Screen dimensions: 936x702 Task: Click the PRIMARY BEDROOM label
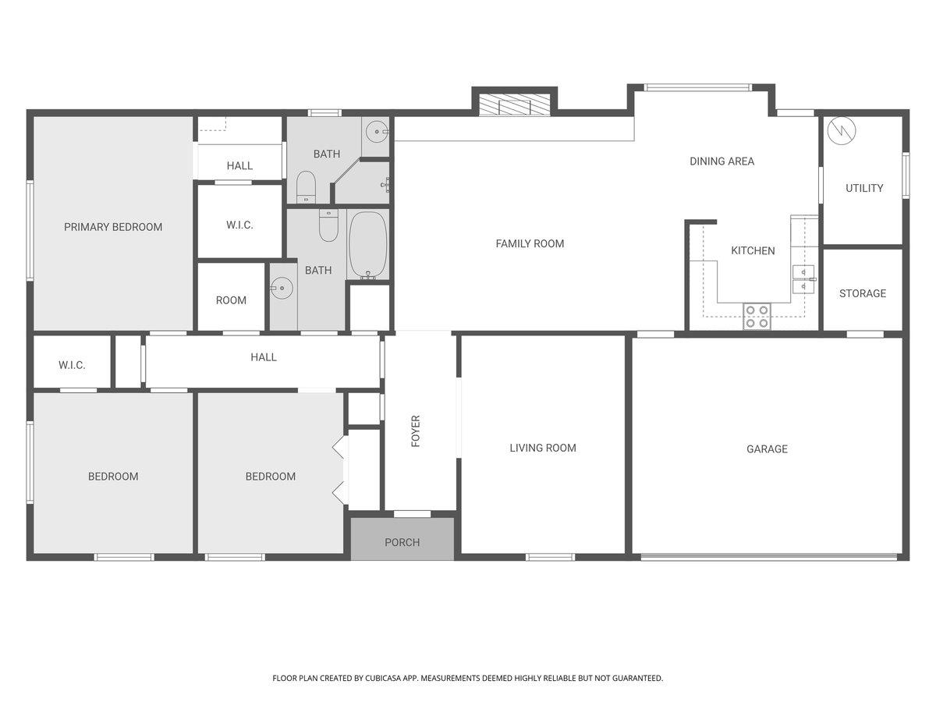(x=113, y=227)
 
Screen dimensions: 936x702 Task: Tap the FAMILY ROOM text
(x=530, y=244)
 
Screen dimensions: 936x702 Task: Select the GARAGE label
(x=767, y=448)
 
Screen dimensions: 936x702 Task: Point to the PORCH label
(x=402, y=542)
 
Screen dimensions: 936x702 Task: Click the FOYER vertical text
(x=416, y=431)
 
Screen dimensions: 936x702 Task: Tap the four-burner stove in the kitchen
(x=757, y=316)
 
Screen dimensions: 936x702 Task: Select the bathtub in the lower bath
(x=368, y=245)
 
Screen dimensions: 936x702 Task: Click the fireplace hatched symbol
(x=514, y=105)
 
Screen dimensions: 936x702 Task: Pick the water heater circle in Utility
(x=842, y=130)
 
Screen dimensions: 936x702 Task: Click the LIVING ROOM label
(x=543, y=448)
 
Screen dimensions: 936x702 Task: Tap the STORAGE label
(x=863, y=293)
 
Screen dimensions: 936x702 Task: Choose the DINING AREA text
(x=722, y=161)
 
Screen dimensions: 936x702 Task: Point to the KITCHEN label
(x=753, y=250)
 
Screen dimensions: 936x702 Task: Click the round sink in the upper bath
(x=377, y=132)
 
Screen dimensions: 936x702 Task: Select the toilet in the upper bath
(x=306, y=187)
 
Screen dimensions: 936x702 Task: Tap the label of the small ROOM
(x=231, y=300)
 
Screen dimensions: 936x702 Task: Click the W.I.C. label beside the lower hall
(x=72, y=365)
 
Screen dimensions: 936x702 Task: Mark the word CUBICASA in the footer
(x=383, y=678)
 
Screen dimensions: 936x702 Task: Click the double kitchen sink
(x=803, y=279)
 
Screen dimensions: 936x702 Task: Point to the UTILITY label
(x=864, y=188)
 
